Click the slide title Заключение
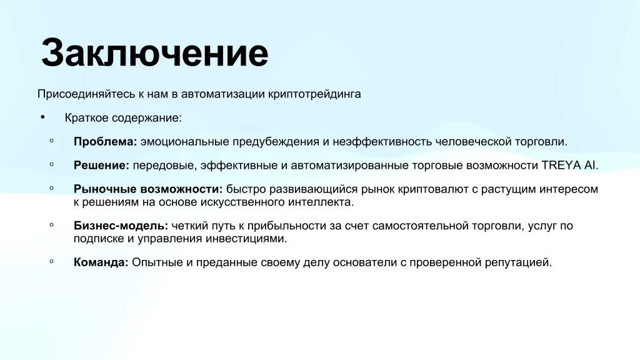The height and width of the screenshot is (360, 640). click(x=155, y=53)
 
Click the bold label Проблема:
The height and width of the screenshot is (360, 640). click(x=105, y=142)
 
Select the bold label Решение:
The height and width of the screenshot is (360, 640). click(x=101, y=165)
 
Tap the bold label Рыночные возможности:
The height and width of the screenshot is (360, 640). click(x=148, y=189)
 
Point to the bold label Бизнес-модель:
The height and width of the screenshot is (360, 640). click(x=121, y=226)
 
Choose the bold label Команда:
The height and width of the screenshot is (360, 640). click(x=101, y=262)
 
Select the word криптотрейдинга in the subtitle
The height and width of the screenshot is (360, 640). click(x=314, y=94)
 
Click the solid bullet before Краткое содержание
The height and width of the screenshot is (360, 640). click(x=43, y=117)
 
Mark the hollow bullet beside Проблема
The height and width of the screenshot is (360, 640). click(x=51, y=141)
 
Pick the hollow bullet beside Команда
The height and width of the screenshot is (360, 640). click(x=51, y=261)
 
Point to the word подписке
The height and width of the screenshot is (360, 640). click(x=99, y=239)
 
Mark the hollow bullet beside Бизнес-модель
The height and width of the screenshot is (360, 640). click(x=51, y=225)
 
